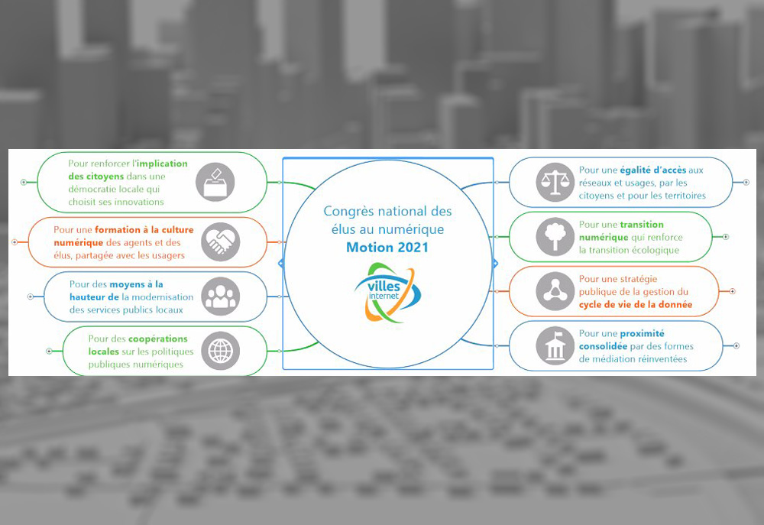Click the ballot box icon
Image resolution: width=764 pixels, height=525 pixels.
215,183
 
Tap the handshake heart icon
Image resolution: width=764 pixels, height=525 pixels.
221,241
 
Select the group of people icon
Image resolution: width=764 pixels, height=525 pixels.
221,297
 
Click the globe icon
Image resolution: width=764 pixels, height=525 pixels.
221,351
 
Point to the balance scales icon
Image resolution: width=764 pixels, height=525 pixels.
555,183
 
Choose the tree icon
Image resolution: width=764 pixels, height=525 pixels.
555,237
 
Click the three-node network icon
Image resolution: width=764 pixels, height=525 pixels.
555,291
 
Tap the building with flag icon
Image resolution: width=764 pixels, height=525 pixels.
555,346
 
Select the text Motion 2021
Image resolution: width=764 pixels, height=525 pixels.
387,247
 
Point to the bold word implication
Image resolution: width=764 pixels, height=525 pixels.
162,164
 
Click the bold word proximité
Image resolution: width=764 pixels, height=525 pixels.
643,333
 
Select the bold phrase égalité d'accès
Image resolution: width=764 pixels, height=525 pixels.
653,170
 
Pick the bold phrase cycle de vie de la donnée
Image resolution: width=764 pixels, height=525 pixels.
636,305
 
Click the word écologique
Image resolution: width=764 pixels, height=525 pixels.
654,251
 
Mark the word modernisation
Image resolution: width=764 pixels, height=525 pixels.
163,297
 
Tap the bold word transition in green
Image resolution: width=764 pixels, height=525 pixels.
642,224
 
